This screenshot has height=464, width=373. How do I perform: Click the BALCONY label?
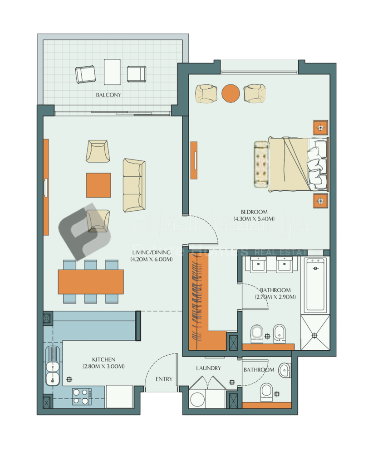(108, 95)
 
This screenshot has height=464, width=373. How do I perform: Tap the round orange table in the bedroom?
(231, 93)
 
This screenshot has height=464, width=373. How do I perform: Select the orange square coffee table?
(98, 185)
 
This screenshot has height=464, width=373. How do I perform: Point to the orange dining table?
(91, 281)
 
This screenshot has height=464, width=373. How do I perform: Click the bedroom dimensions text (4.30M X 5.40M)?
(254, 219)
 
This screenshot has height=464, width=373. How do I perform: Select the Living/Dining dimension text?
(152, 260)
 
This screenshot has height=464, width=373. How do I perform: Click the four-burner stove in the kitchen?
(81, 396)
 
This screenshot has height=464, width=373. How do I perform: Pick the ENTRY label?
(164, 379)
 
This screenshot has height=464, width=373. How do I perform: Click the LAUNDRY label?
(209, 368)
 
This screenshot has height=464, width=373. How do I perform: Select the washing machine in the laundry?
(198, 400)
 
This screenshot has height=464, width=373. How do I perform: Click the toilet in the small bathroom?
(267, 391)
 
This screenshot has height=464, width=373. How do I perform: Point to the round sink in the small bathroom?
(285, 369)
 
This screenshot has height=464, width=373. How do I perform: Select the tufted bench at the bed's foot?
(261, 164)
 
